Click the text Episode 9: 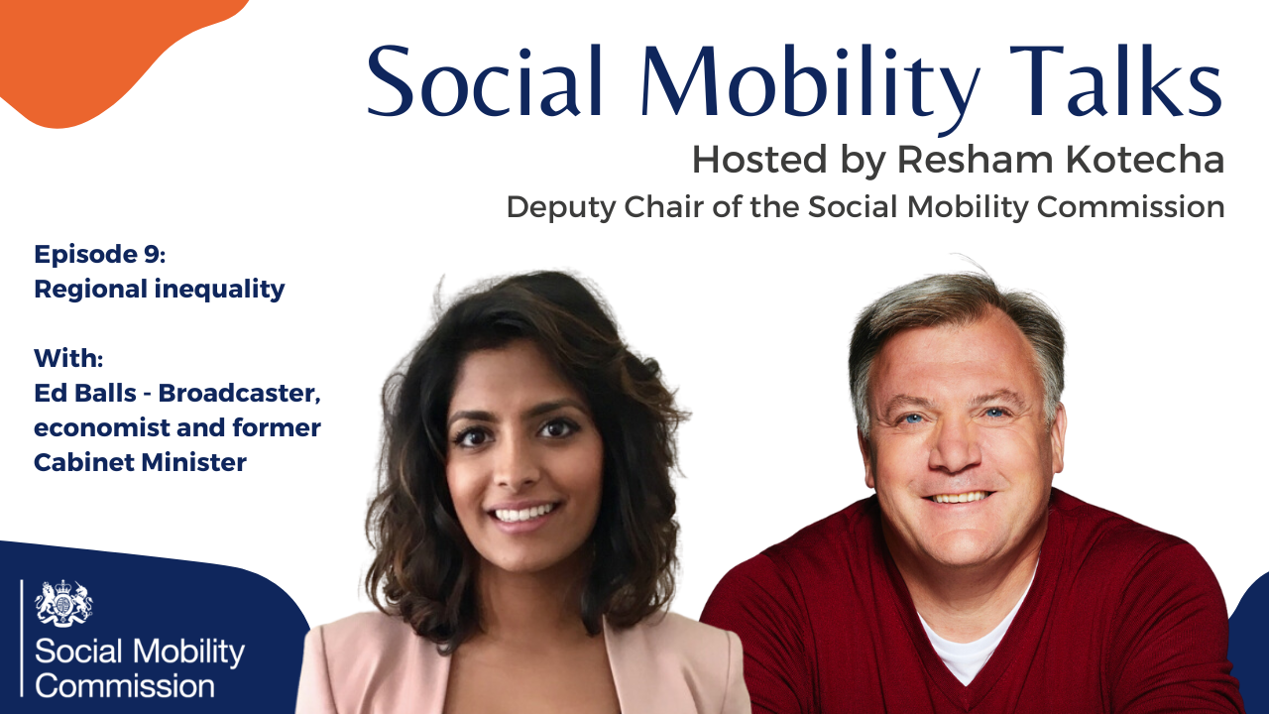100,255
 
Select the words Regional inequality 160,289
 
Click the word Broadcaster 239,393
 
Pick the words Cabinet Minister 140,461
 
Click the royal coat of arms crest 63,602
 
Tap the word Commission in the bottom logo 125,684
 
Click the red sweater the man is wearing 1110,625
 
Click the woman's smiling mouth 523,513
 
